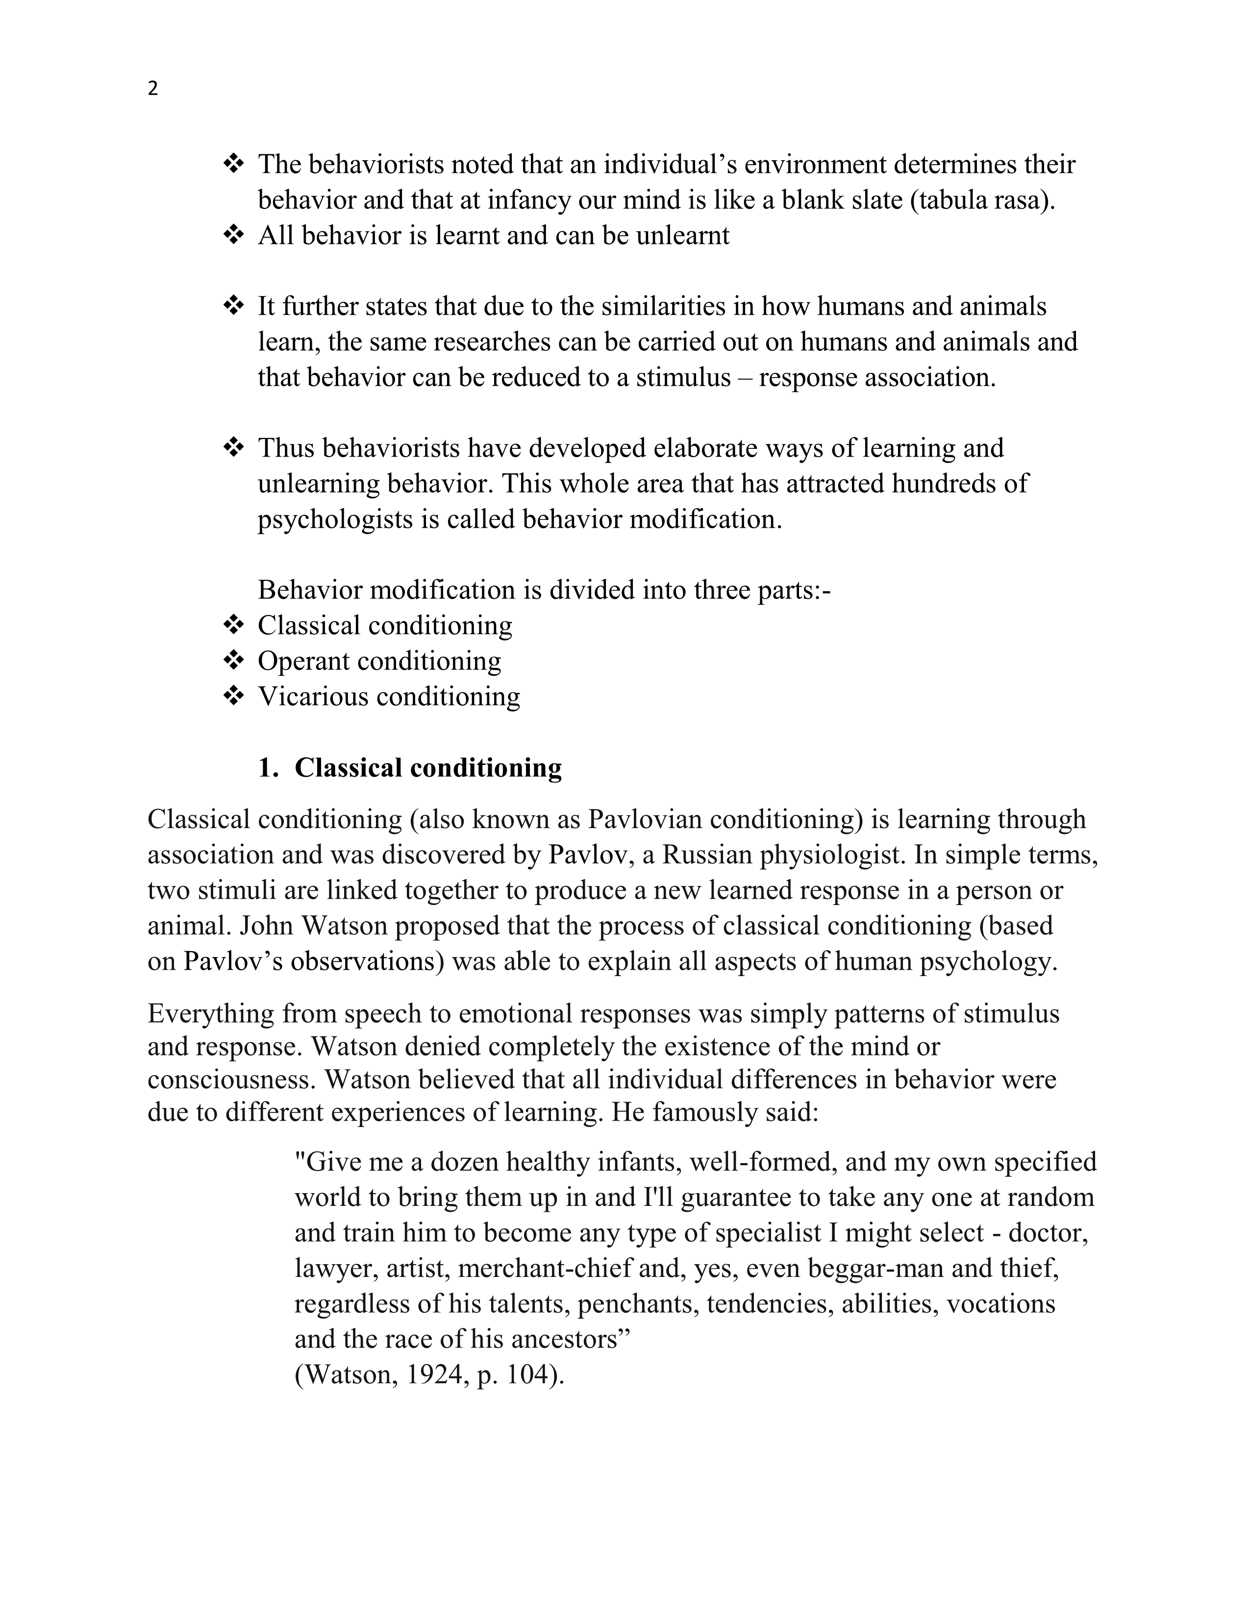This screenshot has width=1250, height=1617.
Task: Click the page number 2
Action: coord(152,89)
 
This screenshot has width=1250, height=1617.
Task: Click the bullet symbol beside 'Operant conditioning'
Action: coord(233,661)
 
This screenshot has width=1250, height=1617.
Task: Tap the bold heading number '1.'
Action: coord(268,768)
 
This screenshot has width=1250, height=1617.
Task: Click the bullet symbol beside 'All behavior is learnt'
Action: coord(233,235)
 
